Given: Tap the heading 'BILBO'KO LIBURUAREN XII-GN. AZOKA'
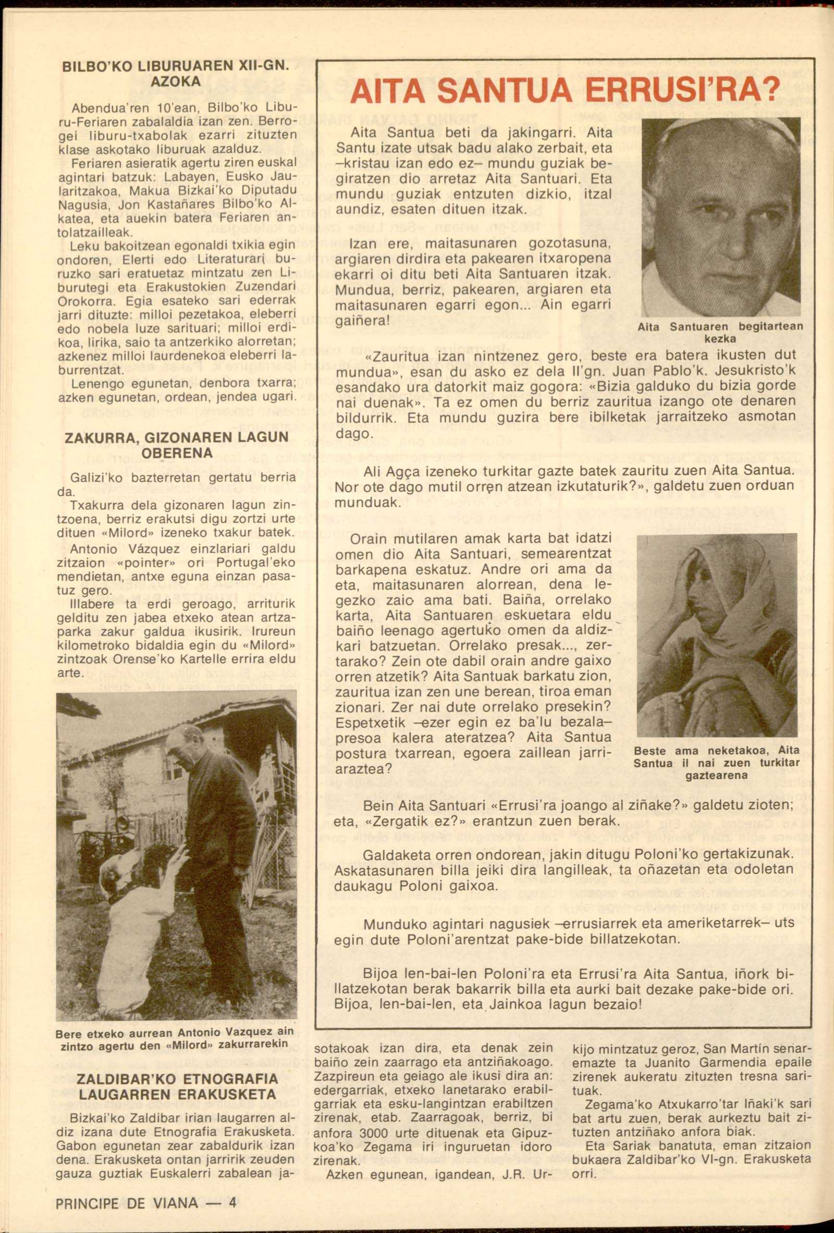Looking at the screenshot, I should tap(175, 75).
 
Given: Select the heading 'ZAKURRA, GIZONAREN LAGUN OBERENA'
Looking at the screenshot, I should tap(177, 445).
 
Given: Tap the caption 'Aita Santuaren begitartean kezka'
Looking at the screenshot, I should tap(720, 333).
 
